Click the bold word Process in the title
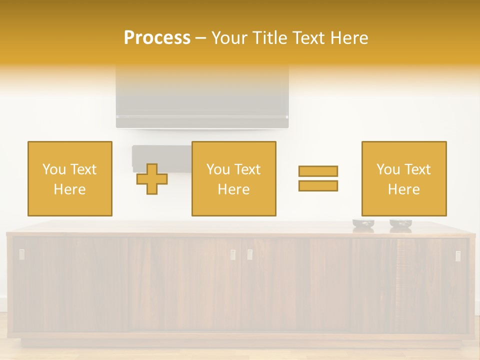(x=157, y=38)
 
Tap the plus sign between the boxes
(x=152, y=179)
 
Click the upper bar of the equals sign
(x=318, y=171)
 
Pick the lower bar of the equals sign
(x=318, y=185)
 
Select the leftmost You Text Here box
(x=70, y=178)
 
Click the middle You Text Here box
(x=233, y=178)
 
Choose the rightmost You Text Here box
(x=404, y=178)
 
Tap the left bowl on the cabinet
(x=363, y=224)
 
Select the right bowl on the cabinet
(x=400, y=224)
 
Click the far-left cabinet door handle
(x=21, y=254)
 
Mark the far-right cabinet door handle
(x=458, y=255)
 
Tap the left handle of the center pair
(x=233, y=254)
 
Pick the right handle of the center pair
(x=249, y=254)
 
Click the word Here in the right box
(x=404, y=189)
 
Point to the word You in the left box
(x=54, y=169)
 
